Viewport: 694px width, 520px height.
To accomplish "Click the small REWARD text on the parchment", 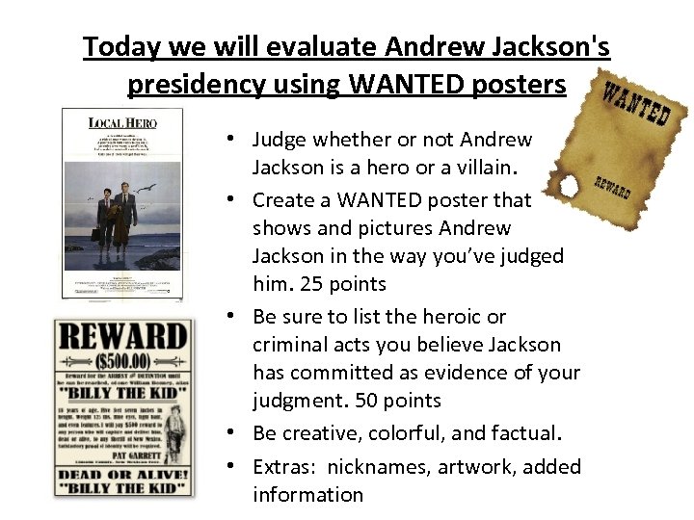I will tap(611, 189).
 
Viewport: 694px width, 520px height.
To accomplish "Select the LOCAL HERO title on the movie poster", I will tap(121, 122).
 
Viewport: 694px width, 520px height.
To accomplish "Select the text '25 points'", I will tap(339, 284).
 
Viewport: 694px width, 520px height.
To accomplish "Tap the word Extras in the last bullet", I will tap(283, 467).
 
